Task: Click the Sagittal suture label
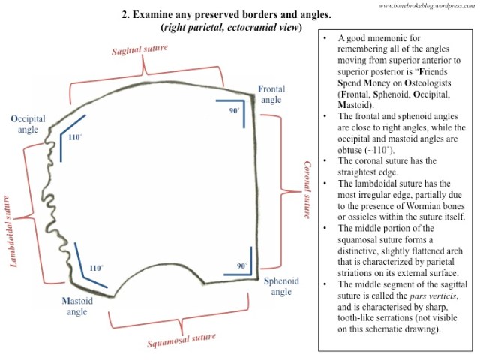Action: tap(140, 51)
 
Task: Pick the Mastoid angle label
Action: tap(78, 307)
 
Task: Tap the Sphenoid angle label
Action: tap(281, 286)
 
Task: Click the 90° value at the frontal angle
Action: tap(234, 110)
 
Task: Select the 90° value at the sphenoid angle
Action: tap(242, 265)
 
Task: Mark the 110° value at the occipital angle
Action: tap(73, 138)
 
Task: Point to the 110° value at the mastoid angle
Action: tap(95, 267)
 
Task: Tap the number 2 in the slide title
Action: tap(124, 15)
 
